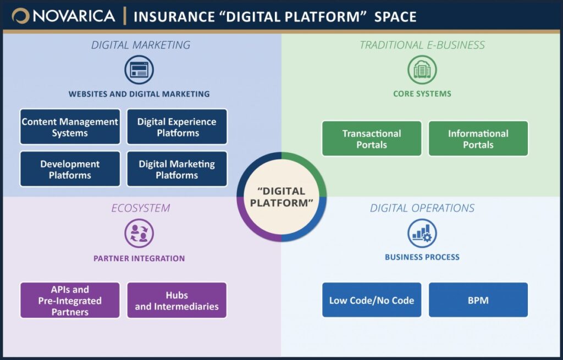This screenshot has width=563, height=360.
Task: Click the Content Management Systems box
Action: (70, 127)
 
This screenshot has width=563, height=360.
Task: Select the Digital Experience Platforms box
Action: (177, 127)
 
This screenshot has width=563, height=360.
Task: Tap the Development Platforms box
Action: (70, 169)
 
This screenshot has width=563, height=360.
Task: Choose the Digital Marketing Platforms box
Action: (177, 169)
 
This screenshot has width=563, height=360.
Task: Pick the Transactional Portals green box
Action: (372, 139)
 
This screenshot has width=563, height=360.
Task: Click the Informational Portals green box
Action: (478, 139)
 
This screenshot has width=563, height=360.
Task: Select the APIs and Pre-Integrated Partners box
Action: (70, 301)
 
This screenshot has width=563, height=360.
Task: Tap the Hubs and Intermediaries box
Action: (177, 301)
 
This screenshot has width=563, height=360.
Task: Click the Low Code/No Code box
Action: (372, 300)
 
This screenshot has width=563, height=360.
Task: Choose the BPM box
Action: (478, 300)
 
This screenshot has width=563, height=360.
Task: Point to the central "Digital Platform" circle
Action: (281, 197)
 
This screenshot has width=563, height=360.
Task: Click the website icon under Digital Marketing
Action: (139, 70)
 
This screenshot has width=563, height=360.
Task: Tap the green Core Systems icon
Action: (422, 70)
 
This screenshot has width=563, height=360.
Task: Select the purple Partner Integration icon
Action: (139, 233)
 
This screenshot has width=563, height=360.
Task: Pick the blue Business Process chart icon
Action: (422, 233)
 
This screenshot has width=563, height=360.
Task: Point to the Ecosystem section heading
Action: (141, 208)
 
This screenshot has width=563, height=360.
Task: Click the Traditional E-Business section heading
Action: (422, 45)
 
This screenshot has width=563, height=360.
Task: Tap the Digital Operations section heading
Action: (422, 208)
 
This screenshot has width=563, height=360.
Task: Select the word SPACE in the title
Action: (395, 17)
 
